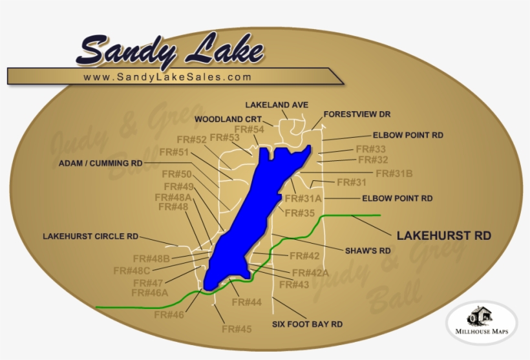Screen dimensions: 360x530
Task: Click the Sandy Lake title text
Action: [x=171, y=50]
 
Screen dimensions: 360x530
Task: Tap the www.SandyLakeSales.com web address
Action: [x=167, y=77]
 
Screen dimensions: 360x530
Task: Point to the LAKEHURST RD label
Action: [x=443, y=236]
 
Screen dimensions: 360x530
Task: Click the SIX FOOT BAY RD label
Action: [x=307, y=324]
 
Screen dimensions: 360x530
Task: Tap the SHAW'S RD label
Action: [x=366, y=250]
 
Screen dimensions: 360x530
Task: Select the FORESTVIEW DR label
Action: [x=357, y=114]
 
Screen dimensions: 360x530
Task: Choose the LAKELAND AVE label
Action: [x=277, y=105]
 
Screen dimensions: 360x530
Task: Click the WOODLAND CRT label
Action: [x=228, y=119]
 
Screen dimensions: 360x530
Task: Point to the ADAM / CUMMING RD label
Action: [x=100, y=164]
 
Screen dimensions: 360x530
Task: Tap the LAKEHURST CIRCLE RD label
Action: [x=90, y=237]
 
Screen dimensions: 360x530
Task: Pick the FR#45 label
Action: [x=237, y=329]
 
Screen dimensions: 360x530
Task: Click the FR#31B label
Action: [x=394, y=173]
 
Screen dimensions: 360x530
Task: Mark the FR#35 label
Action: [x=299, y=213]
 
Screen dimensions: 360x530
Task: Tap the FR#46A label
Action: [x=149, y=293]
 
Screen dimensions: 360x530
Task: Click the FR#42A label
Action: [x=310, y=273]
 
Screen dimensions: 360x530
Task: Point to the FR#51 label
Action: [x=174, y=152]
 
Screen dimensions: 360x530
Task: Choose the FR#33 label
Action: [x=370, y=149]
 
